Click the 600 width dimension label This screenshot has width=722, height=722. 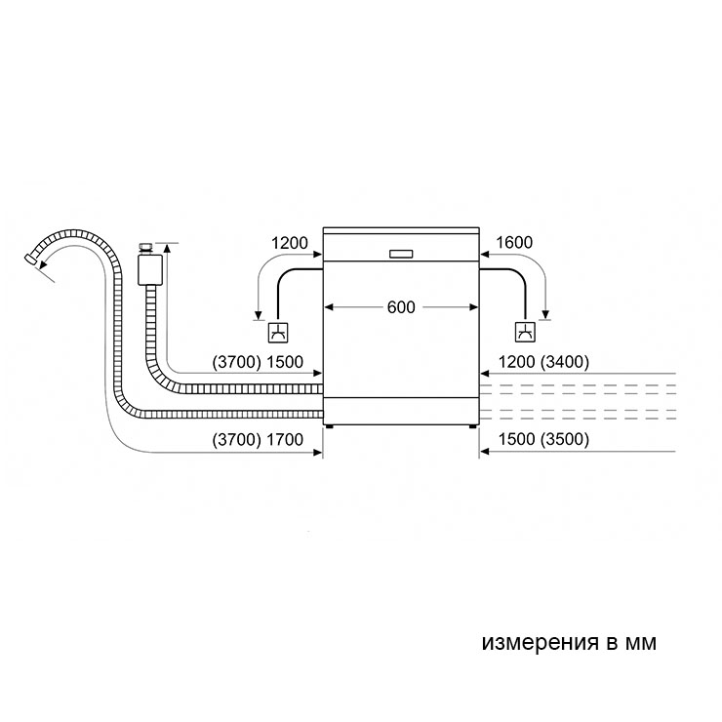point(401,307)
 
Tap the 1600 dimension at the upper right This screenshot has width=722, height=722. point(514,242)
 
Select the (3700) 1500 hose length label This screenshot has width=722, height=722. point(258,362)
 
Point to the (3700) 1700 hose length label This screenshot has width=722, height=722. point(258,439)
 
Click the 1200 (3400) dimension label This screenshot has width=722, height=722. point(543,362)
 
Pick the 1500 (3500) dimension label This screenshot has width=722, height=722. point(543,439)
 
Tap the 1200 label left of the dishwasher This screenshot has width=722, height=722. point(289,243)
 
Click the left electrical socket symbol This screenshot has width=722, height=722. point(279,333)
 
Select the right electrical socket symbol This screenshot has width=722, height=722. point(525,333)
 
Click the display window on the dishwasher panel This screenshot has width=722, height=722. point(401,254)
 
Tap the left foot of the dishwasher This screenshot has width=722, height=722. point(329,426)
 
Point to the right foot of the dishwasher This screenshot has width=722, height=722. point(473,426)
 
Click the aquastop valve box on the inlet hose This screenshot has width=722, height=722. point(149,270)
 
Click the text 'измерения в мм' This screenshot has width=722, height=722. point(569,642)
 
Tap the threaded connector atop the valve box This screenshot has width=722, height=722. point(147,248)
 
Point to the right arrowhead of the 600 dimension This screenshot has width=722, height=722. point(474,307)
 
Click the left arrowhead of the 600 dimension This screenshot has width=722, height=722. point(328,307)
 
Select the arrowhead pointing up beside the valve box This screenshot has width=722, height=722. point(167,248)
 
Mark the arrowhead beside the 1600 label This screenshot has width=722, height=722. point(485,254)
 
